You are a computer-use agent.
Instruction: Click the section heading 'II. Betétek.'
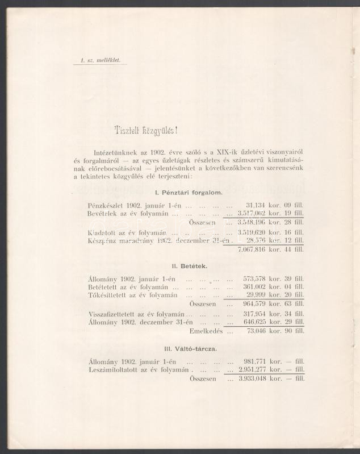[189, 265]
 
